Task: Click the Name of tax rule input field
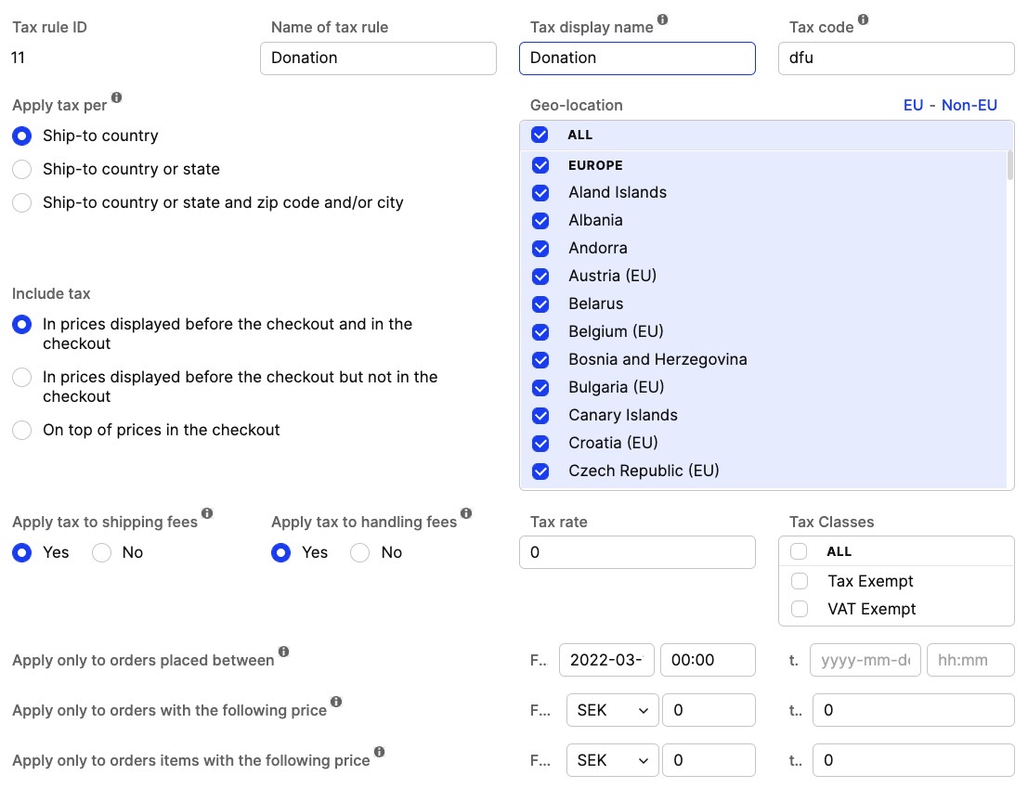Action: [378, 58]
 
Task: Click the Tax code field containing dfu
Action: [895, 58]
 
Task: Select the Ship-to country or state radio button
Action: [23, 169]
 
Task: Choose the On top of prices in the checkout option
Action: [23, 430]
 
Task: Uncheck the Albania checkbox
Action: [540, 220]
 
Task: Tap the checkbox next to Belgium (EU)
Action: [540, 331]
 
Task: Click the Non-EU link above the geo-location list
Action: [969, 105]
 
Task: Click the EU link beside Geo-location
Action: [913, 105]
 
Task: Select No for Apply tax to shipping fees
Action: [102, 552]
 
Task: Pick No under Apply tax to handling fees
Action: [359, 552]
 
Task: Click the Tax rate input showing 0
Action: [637, 552]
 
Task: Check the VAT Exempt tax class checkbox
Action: [799, 609]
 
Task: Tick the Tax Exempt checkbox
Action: [799, 581]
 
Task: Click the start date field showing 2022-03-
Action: [606, 660]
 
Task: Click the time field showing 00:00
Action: [707, 660]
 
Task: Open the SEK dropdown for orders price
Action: [612, 710]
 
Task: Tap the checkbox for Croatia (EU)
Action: [540, 443]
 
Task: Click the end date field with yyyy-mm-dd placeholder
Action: [865, 660]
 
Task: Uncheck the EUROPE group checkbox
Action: [540, 165]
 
